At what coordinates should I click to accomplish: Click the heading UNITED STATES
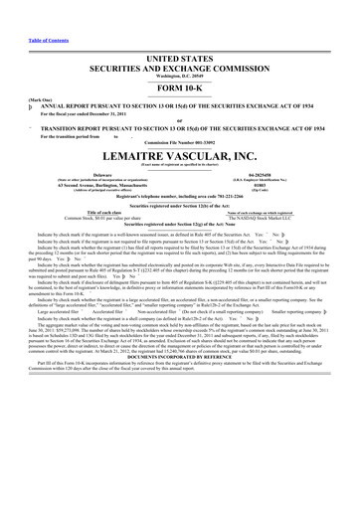click(180, 61)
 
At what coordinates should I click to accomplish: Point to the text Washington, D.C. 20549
click(180, 77)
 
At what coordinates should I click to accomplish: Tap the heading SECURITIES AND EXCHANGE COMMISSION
click(180, 69)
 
